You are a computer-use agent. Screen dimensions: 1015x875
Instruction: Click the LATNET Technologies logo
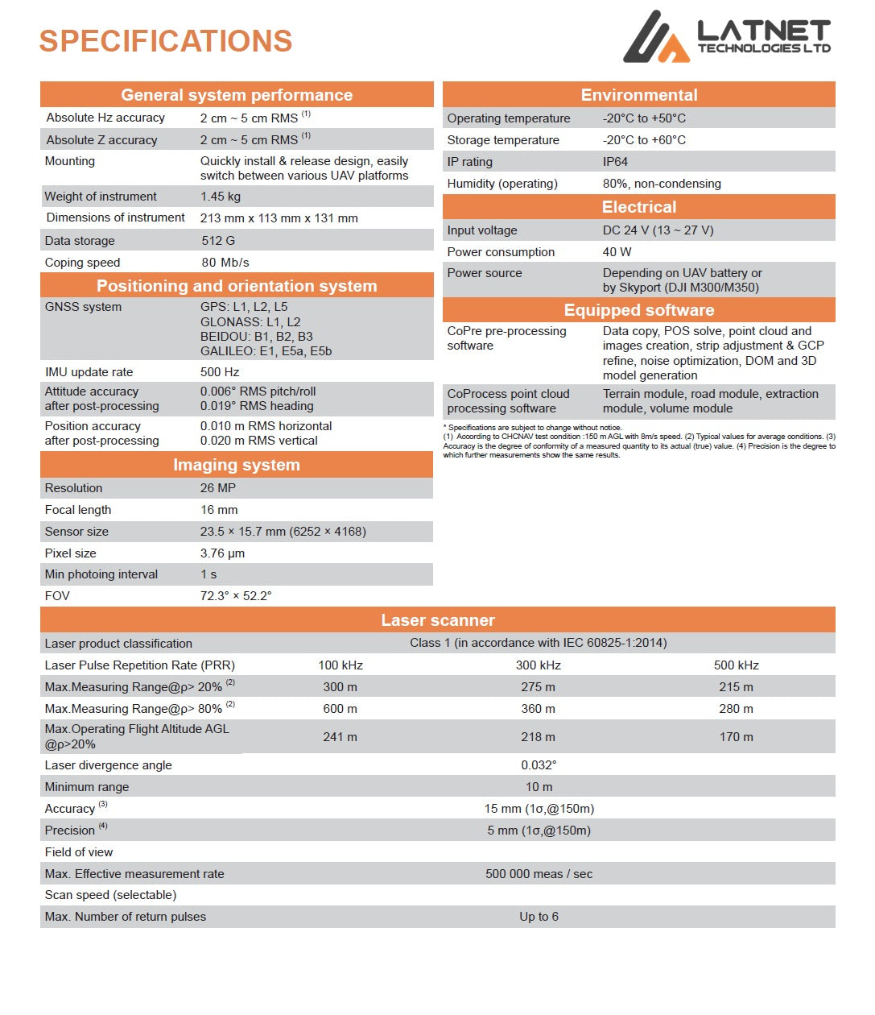(726, 37)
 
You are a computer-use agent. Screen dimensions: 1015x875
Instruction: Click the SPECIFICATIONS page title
(166, 41)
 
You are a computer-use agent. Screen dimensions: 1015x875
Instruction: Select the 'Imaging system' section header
(237, 465)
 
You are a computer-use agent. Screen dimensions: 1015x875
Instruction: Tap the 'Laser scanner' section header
(438, 620)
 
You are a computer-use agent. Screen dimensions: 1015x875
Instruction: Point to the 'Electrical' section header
(639, 207)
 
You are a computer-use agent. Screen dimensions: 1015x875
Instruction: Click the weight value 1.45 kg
(221, 197)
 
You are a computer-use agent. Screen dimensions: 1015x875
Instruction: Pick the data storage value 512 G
(218, 241)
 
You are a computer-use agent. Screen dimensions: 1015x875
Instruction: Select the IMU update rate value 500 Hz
(220, 372)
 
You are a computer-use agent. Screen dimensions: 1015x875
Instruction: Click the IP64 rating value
(615, 162)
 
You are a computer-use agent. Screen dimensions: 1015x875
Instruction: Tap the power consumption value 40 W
(617, 252)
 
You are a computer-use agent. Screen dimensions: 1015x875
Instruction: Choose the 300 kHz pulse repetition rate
(539, 665)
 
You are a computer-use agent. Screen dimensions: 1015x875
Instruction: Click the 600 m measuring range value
(341, 709)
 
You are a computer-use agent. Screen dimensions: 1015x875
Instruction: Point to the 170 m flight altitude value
(737, 737)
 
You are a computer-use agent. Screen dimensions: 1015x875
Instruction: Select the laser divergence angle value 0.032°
(539, 765)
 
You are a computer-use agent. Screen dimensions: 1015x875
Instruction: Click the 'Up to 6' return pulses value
(539, 917)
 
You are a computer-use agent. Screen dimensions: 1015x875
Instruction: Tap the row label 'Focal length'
(78, 510)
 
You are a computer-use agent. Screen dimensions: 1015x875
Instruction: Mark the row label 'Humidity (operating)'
(502, 184)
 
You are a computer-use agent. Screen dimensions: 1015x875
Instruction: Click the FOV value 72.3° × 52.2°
(236, 596)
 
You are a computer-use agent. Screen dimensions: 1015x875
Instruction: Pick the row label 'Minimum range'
(87, 787)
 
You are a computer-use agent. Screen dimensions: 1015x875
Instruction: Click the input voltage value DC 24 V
(658, 230)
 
